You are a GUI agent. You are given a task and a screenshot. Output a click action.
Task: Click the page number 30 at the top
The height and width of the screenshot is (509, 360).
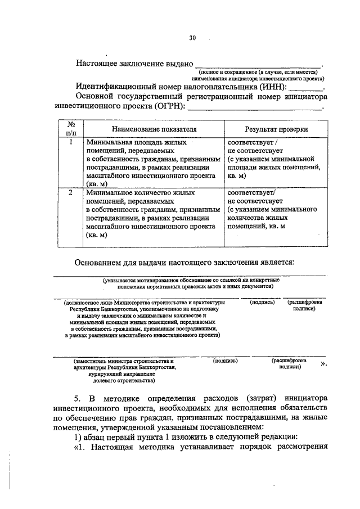(192, 38)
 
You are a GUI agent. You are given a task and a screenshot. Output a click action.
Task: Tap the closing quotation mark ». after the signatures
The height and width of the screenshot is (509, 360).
(323, 364)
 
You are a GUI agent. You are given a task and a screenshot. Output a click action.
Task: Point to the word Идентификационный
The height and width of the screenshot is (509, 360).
(120, 87)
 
